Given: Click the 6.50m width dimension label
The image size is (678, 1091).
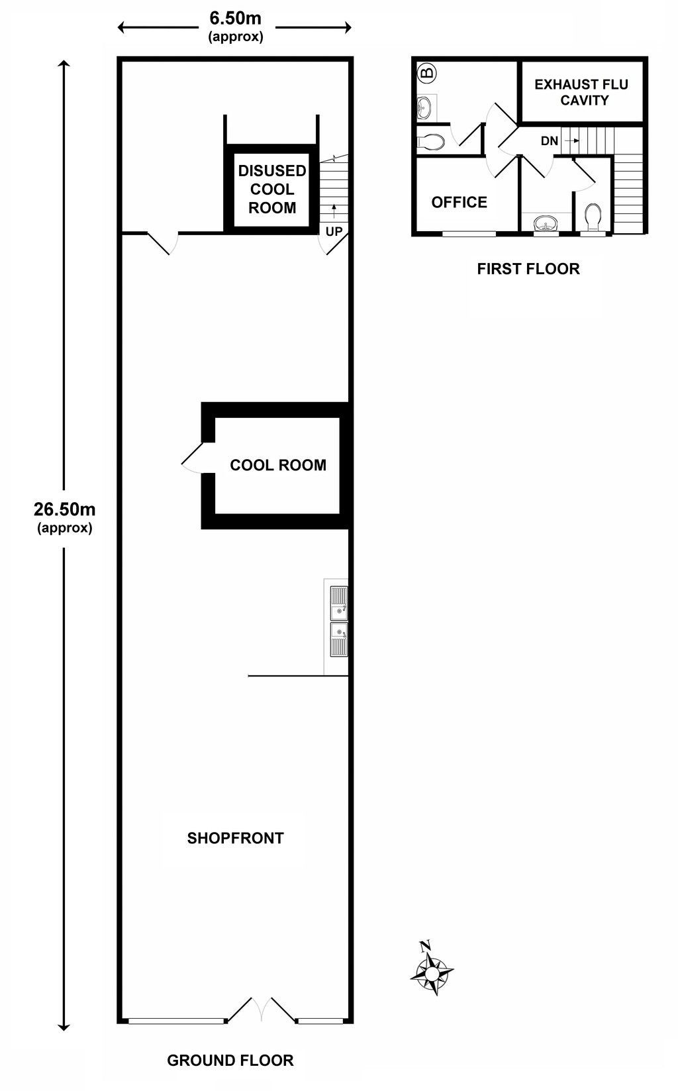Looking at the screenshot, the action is point(236,26).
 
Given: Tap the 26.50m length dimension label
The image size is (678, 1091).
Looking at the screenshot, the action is point(65,517).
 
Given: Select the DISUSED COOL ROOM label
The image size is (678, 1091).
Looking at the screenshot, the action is point(272,189).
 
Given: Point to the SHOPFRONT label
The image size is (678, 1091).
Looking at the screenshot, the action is point(236,838).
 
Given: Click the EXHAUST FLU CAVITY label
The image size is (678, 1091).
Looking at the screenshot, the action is point(581,92).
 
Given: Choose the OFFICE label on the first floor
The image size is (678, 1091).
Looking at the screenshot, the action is point(459,202).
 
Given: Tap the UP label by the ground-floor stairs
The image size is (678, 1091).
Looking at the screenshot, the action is point(334,231).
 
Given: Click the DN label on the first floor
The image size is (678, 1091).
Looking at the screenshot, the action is point(549,140).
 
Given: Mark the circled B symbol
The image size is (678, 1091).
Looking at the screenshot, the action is point(427,74).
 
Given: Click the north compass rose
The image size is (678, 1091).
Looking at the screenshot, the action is point(431,974).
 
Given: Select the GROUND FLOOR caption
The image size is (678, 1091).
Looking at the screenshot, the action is point(230,1061).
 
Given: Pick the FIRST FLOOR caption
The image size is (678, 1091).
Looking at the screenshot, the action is point(528,269).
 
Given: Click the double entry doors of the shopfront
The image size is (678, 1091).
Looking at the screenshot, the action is point(262,1008).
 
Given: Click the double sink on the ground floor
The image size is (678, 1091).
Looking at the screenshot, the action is point(339,621).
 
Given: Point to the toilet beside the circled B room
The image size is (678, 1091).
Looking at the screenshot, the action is point(431,142).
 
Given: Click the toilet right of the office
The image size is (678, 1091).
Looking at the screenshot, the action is point(593,218).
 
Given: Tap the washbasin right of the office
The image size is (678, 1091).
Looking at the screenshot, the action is point(546,223).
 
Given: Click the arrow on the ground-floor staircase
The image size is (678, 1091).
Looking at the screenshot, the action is point(334,211).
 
